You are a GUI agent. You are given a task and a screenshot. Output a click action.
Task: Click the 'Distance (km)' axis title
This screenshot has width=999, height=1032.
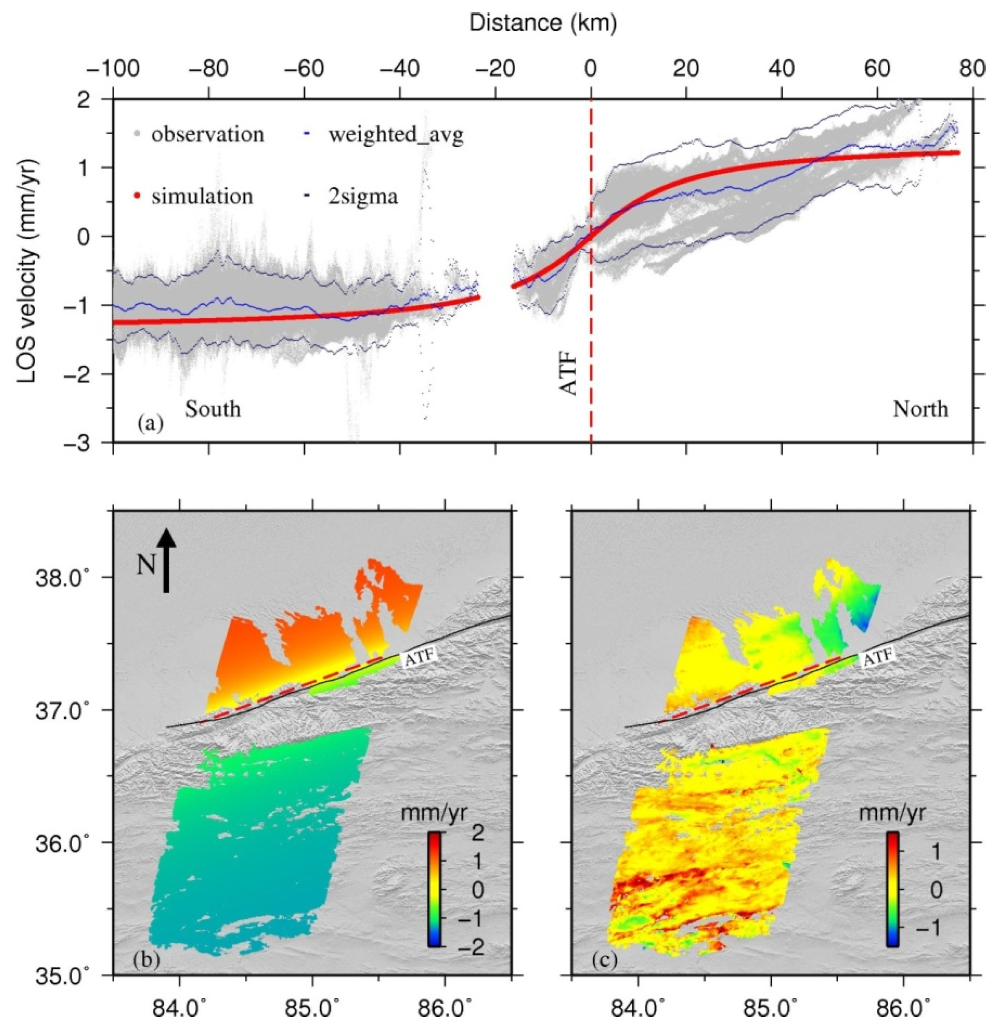coord(542,23)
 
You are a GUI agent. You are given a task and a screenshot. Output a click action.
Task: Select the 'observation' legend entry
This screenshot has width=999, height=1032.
coord(208,135)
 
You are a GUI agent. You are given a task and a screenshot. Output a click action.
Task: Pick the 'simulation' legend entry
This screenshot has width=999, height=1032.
coord(202,197)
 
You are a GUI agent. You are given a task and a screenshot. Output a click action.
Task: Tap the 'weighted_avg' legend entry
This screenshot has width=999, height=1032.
coord(395,135)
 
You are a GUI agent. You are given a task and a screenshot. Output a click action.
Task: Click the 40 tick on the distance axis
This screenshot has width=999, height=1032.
coord(781,70)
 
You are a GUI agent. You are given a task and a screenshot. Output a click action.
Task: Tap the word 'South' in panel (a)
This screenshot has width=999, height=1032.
coord(213,409)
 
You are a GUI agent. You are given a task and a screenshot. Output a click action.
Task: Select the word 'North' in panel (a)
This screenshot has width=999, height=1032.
coord(920,409)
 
